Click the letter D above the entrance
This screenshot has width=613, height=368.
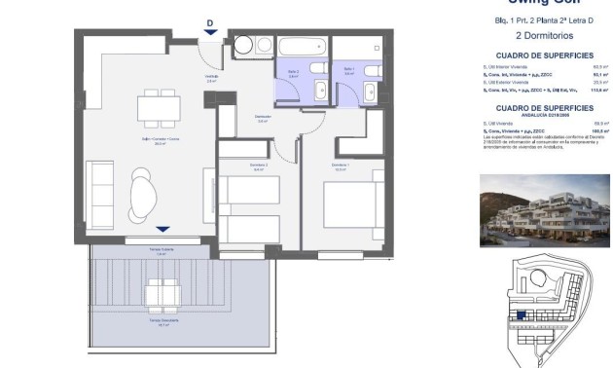(x=210, y=24)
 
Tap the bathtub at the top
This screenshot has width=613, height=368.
(x=304, y=46)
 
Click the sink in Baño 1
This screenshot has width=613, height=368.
(x=369, y=91)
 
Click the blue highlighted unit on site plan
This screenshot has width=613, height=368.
(x=522, y=315)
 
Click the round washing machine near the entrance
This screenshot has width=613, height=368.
(x=241, y=44)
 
